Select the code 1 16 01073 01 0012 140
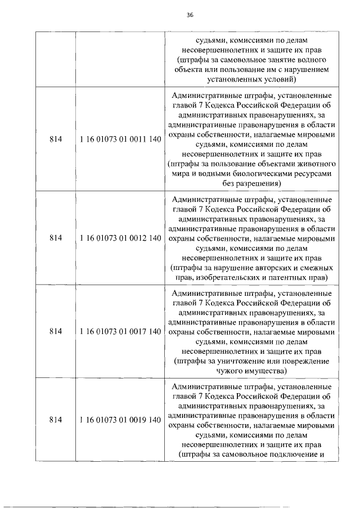click(121, 238)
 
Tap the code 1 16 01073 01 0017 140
click(121, 331)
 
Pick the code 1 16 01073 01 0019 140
click(121, 420)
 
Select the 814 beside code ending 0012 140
click(55, 238)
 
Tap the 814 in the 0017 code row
click(55, 331)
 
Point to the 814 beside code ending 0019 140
click(55, 420)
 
